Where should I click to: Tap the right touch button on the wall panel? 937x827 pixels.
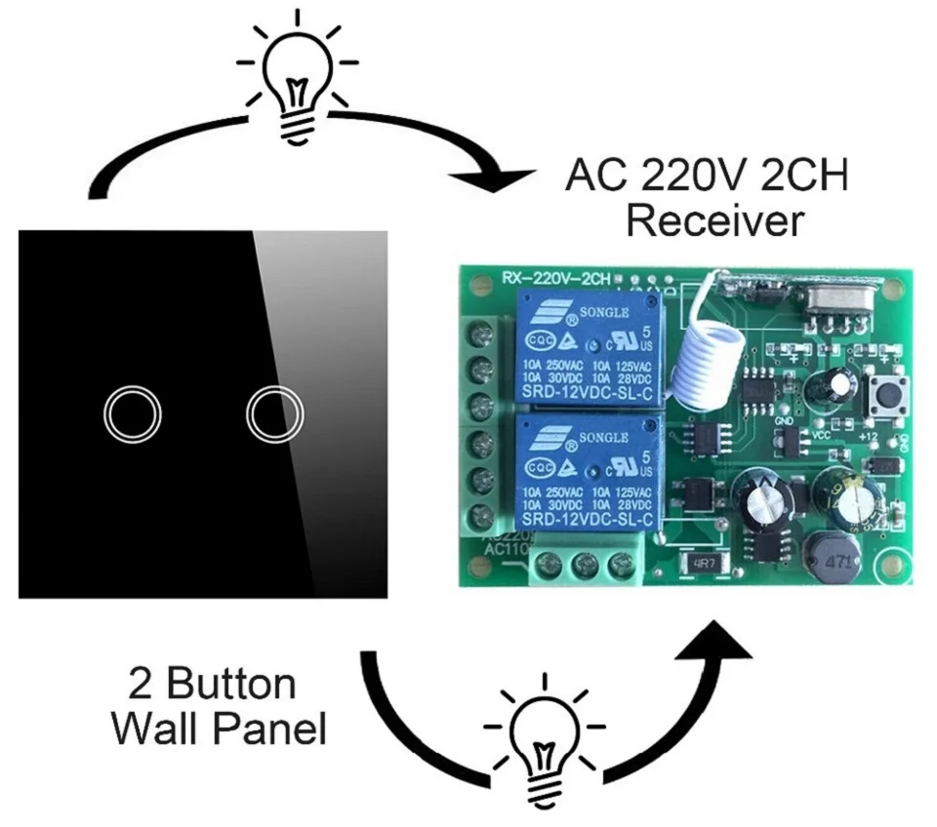(x=272, y=415)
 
